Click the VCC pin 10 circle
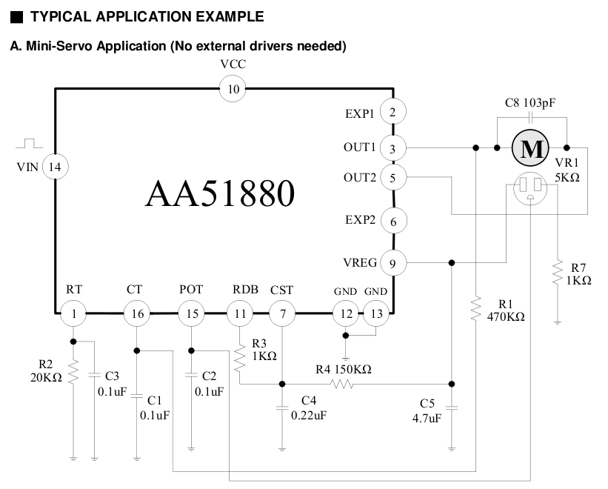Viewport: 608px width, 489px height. pyautogui.click(x=233, y=90)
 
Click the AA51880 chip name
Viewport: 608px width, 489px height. pyautogui.click(x=220, y=193)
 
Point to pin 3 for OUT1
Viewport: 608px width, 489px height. pyautogui.click(x=392, y=148)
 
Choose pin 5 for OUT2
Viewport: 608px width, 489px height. pyautogui.click(x=392, y=178)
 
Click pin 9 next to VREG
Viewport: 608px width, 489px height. pyautogui.click(x=392, y=262)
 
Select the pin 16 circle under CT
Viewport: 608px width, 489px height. pyautogui.click(x=137, y=314)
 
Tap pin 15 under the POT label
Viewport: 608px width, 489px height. pyautogui.click(x=192, y=314)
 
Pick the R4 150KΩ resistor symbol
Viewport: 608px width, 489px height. pyautogui.click(x=342, y=385)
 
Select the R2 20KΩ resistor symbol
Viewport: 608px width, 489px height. pyautogui.click(x=74, y=373)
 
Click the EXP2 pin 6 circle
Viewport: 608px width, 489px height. pyautogui.click(x=392, y=221)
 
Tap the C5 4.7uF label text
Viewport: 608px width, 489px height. pyautogui.click(x=428, y=411)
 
